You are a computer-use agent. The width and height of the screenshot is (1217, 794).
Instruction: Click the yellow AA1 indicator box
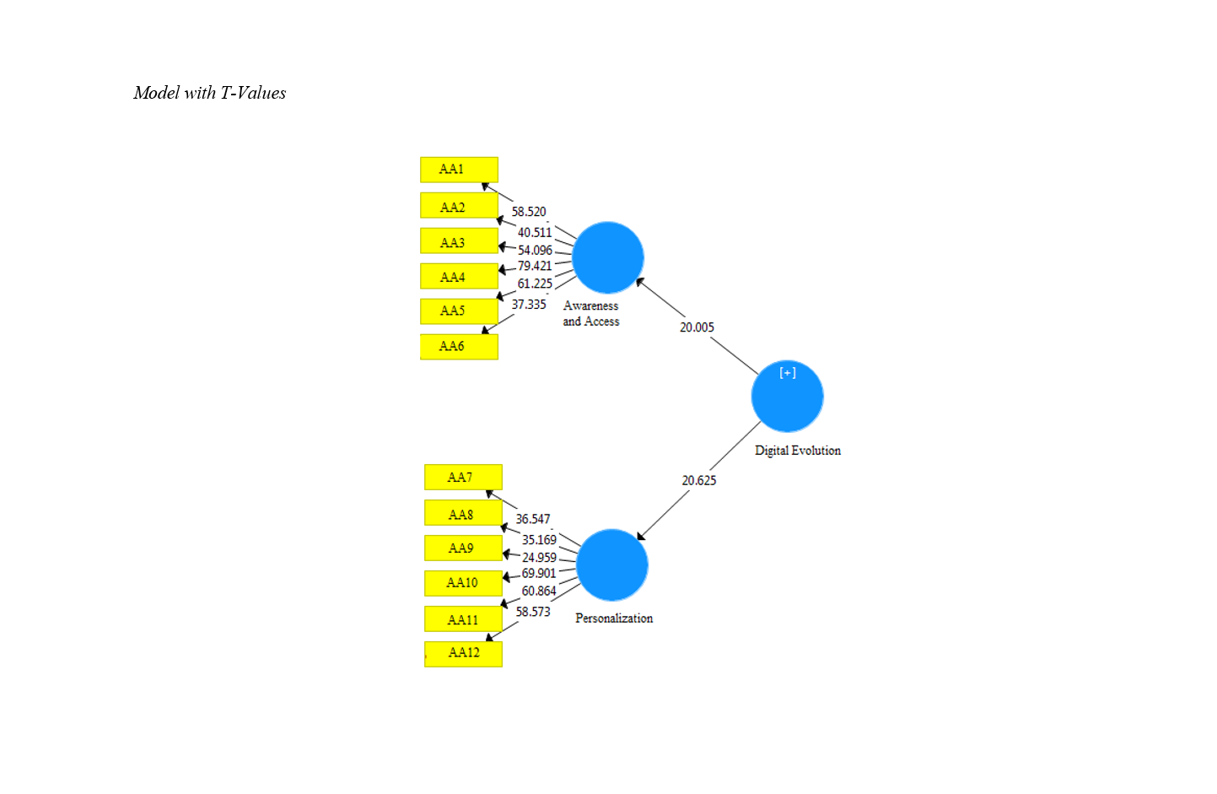[459, 170]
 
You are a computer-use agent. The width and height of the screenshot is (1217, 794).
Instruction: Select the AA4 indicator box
[459, 277]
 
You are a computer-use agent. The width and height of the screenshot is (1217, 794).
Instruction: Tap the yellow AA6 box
[459, 346]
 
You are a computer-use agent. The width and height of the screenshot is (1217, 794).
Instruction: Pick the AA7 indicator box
[463, 478]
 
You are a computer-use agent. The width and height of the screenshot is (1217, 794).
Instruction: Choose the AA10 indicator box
[463, 583]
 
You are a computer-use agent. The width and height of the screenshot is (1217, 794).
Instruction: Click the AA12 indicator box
[463, 653]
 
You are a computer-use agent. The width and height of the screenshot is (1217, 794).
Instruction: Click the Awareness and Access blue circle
[607, 257]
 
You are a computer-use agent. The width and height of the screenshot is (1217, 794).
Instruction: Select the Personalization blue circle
[611, 565]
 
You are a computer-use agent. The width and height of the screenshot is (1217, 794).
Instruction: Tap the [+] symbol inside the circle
[788, 373]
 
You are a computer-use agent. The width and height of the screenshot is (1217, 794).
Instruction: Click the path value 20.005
[697, 327]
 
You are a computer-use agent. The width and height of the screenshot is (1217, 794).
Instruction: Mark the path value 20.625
[699, 481]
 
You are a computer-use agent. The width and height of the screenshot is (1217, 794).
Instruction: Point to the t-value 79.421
[535, 267]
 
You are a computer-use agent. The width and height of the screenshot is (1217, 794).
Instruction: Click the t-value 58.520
[529, 212]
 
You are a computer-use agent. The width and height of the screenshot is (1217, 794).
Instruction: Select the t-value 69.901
[539, 574]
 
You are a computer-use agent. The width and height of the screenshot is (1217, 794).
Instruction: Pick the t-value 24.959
[539, 558]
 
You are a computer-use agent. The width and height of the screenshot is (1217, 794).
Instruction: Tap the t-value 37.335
[529, 305]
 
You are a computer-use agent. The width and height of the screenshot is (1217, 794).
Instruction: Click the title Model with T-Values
[210, 93]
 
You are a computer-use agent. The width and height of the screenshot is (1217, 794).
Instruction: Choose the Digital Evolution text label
[798, 451]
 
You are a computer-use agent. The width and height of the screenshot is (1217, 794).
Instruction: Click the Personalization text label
[614, 618]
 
